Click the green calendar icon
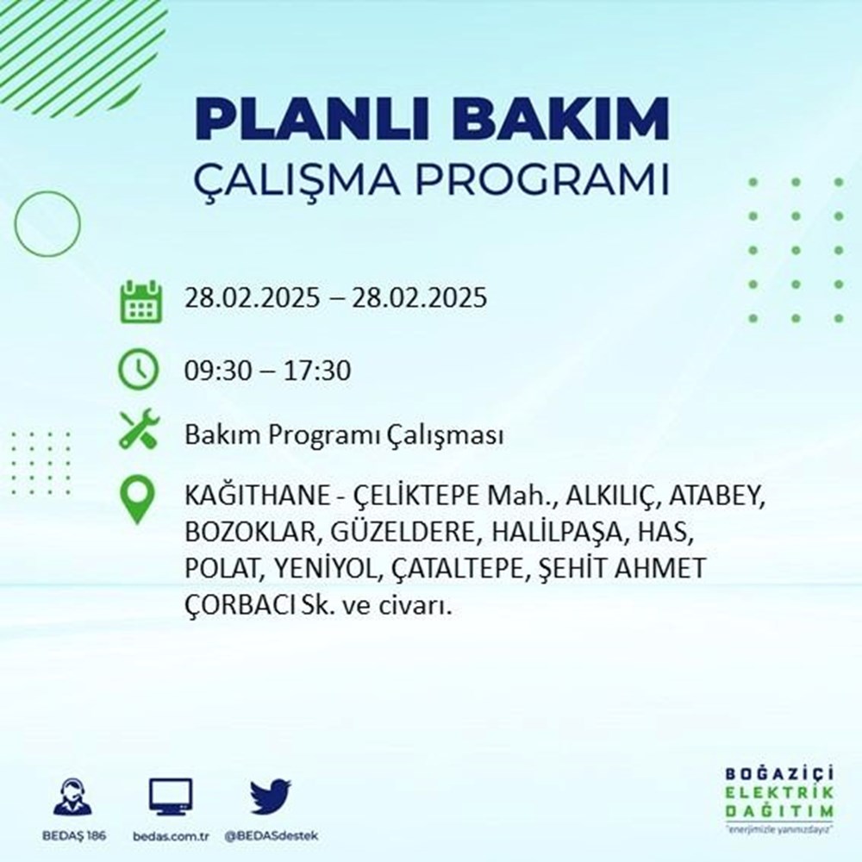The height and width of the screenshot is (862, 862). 139,301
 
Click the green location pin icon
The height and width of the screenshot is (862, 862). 138,501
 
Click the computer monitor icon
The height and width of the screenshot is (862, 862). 170,797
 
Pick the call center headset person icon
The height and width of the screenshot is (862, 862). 72,797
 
